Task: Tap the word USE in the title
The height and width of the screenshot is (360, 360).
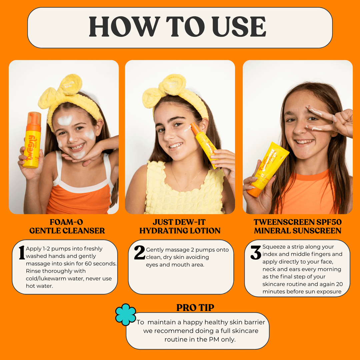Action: pyautogui.click(x=239, y=27)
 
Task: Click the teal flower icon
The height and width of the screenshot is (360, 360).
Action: pyautogui.click(x=126, y=315)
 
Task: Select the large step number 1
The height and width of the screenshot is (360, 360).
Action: pyautogui.click(x=22, y=253)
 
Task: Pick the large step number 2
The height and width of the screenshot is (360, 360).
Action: pyautogui.click(x=140, y=252)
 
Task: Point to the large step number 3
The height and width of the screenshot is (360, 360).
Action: pyautogui.click(x=256, y=252)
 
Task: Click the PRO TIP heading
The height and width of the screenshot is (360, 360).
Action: pyautogui.click(x=195, y=308)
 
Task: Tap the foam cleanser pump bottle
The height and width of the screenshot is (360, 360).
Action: pyautogui.click(x=32, y=140)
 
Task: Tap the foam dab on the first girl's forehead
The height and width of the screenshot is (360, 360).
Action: pyautogui.click(x=65, y=120)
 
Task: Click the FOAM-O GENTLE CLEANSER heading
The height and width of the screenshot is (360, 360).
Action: pyautogui.click(x=67, y=226)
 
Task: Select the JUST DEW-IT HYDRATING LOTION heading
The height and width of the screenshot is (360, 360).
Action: pyautogui.click(x=180, y=226)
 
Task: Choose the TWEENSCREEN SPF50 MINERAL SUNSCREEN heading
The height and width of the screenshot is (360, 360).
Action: pyautogui.click(x=298, y=226)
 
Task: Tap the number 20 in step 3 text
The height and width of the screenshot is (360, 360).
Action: pyautogui.click(x=339, y=284)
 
